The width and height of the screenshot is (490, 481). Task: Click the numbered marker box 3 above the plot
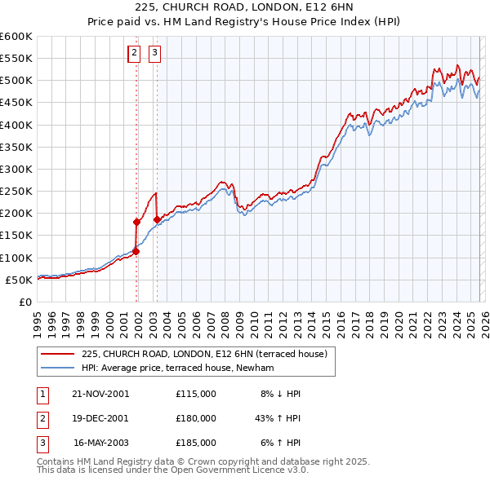(154, 55)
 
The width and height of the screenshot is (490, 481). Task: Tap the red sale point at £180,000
(136, 222)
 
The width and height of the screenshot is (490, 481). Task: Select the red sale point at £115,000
(136, 251)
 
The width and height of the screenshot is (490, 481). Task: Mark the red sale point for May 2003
(157, 219)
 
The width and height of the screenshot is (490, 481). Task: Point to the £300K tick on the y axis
(16, 169)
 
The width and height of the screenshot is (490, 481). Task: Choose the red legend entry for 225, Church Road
(204, 354)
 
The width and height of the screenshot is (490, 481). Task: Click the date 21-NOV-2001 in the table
(100, 394)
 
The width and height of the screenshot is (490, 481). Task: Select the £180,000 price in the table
(196, 418)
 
